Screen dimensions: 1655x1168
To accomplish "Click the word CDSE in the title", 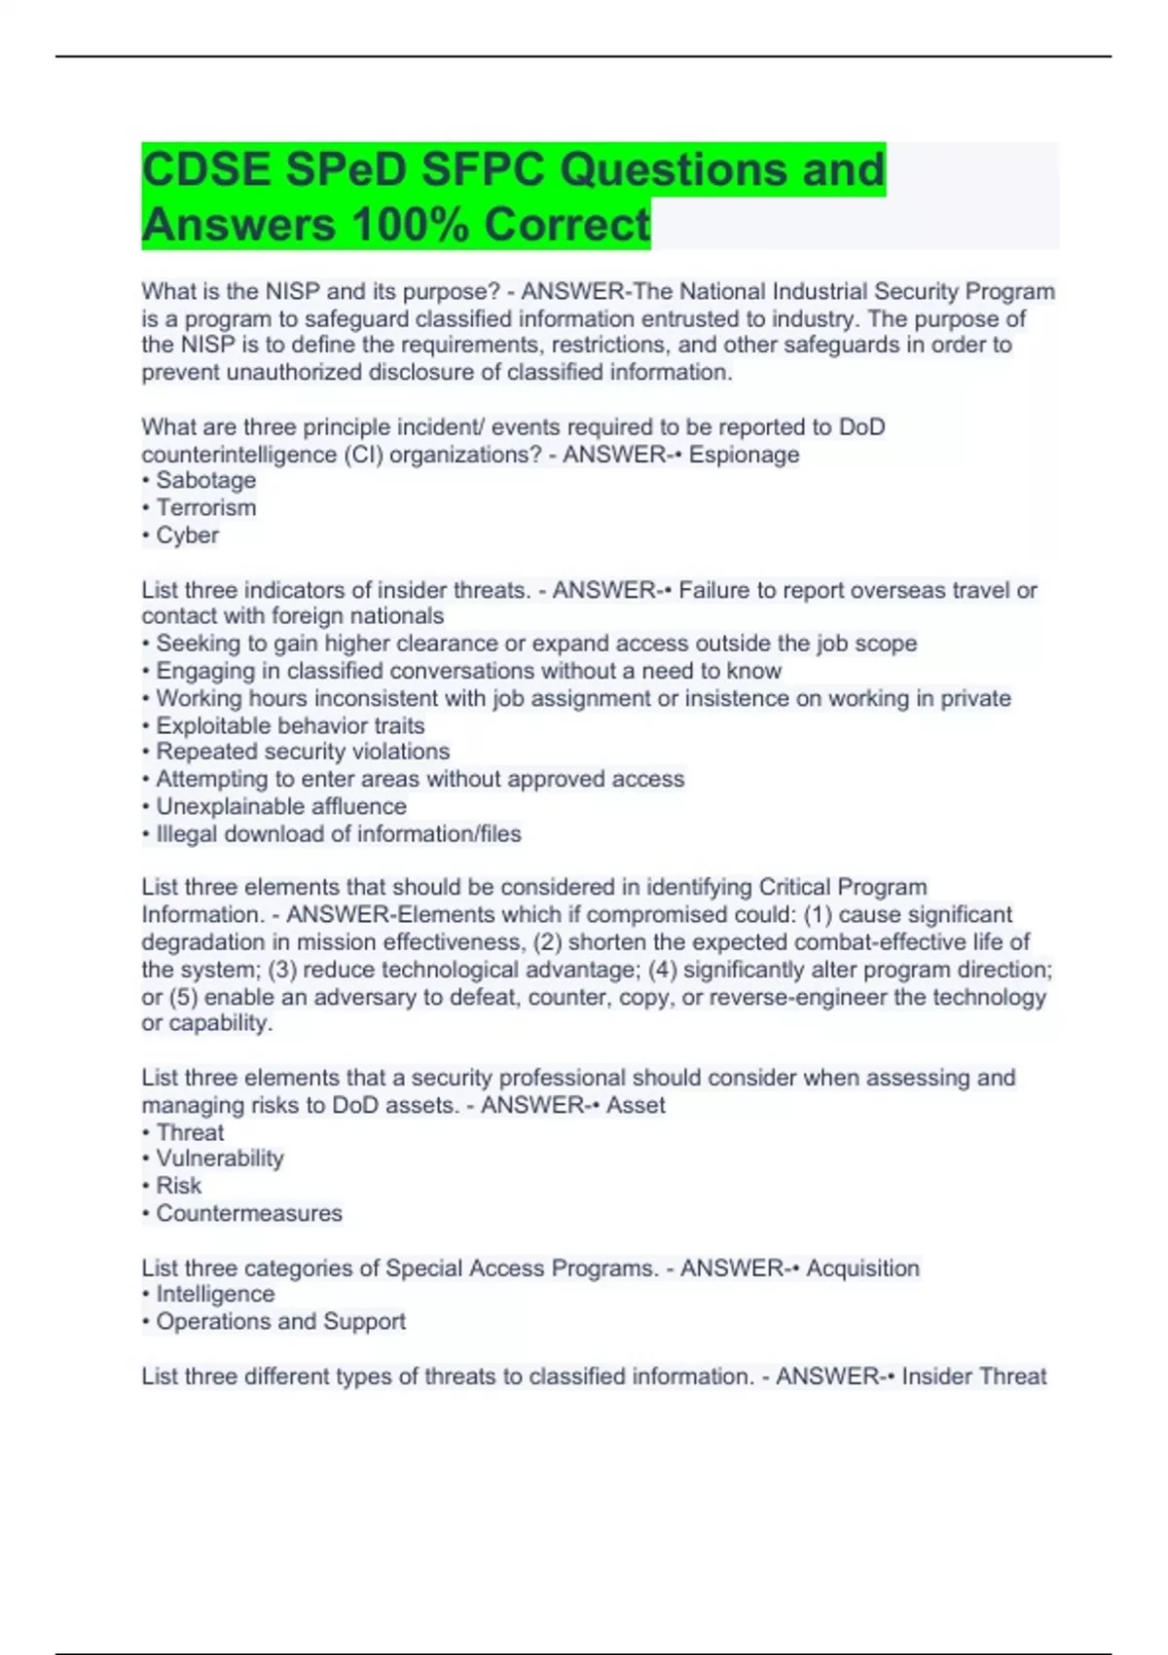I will [205, 169].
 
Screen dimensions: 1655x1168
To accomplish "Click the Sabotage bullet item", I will [205, 481].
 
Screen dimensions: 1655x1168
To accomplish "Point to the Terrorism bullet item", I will [205, 508].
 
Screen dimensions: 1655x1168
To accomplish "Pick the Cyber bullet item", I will [187, 535].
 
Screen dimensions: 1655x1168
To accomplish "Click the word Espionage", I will [744, 455].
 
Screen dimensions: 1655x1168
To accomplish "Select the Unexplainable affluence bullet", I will [280, 807].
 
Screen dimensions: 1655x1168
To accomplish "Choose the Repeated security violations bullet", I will [302, 752].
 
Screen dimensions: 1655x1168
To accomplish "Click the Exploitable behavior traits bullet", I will [289, 726].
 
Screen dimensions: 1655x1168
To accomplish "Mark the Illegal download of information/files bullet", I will [338, 834].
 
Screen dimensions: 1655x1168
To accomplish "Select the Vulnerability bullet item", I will [219, 1158].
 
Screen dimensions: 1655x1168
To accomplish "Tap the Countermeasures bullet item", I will [248, 1214].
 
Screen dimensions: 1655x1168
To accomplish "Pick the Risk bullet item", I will [178, 1186].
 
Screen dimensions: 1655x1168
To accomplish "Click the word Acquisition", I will [862, 1269].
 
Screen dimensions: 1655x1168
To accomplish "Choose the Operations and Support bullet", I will [280, 1322].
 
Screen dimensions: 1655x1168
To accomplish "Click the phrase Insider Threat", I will [973, 1377].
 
